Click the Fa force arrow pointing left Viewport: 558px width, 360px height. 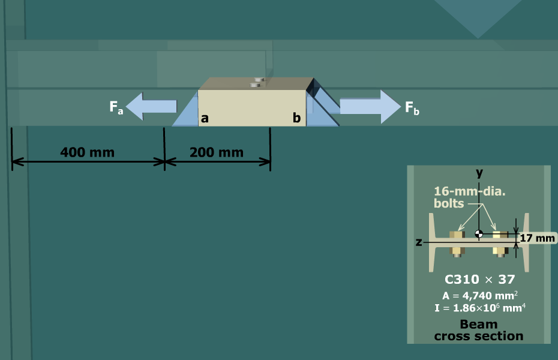pyautogui.click(x=151, y=106)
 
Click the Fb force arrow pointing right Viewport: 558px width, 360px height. pyautogui.click(x=370, y=106)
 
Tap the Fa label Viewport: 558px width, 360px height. pyautogui.click(x=116, y=107)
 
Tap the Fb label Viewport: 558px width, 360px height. pyautogui.click(x=412, y=107)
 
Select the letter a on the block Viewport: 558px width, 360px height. pyautogui.click(x=205, y=118)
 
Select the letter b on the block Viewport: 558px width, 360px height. pyautogui.click(x=296, y=118)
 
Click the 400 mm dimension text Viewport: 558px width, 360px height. pyautogui.click(x=87, y=152)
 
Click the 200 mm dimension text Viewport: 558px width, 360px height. pyautogui.click(x=217, y=152)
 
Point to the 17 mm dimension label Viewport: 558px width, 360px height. pyautogui.click(x=538, y=238)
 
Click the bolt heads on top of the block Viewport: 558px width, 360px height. pyautogui.click(x=257, y=82)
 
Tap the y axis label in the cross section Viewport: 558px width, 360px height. pyautogui.click(x=479, y=173)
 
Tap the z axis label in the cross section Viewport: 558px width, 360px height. pyautogui.click(x=419, y=242)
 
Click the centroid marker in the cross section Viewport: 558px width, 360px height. pyautogui.click(x=479, y=234)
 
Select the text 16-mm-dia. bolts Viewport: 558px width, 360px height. pyautogui.click(x=469, y=197)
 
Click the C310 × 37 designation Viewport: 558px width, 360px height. pyautogui.click(x=480, y=279)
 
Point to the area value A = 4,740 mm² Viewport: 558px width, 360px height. pyautogui.click(x=480, y=295)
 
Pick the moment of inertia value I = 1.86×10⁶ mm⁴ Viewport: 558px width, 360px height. pyautogui.click(x=480, y=307)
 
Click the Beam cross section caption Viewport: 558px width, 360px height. pyautogui.click(x=479, y=330)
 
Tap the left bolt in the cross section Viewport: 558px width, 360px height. pyautogui.click(x=457, y=244)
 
